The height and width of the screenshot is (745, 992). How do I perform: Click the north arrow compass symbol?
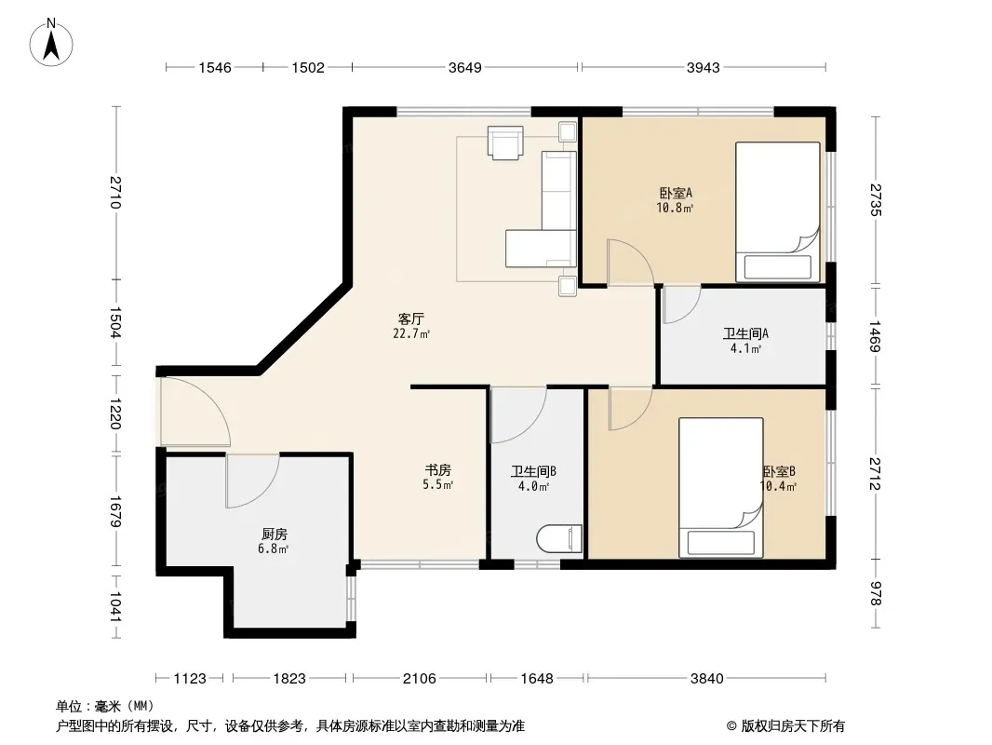[51, 43]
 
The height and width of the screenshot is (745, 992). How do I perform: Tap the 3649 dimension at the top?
[465, 68]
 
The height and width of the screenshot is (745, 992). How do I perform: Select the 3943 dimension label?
[704, 68]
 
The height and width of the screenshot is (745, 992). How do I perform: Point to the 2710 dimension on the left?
[115, 193]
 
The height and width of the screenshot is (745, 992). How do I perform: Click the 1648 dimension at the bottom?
[537, 679]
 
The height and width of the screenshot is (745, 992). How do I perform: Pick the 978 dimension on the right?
[876, 593]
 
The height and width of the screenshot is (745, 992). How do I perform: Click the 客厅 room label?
[411, 319]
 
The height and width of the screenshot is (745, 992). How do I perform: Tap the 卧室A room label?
[676, 193]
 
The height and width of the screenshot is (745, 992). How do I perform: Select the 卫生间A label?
[746, 333]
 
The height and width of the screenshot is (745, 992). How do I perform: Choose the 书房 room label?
[437, 470]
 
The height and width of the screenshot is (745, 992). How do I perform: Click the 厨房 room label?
[274, 535]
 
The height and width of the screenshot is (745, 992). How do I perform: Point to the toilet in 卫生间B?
[559, 538]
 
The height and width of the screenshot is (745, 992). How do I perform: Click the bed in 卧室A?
[778, 211]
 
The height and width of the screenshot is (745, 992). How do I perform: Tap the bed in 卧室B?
[720, 487]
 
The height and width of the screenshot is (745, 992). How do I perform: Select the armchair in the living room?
[505, 142]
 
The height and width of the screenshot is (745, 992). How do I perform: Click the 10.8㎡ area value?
[675, 208]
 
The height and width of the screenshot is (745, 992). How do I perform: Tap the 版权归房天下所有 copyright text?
[793, 726]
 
